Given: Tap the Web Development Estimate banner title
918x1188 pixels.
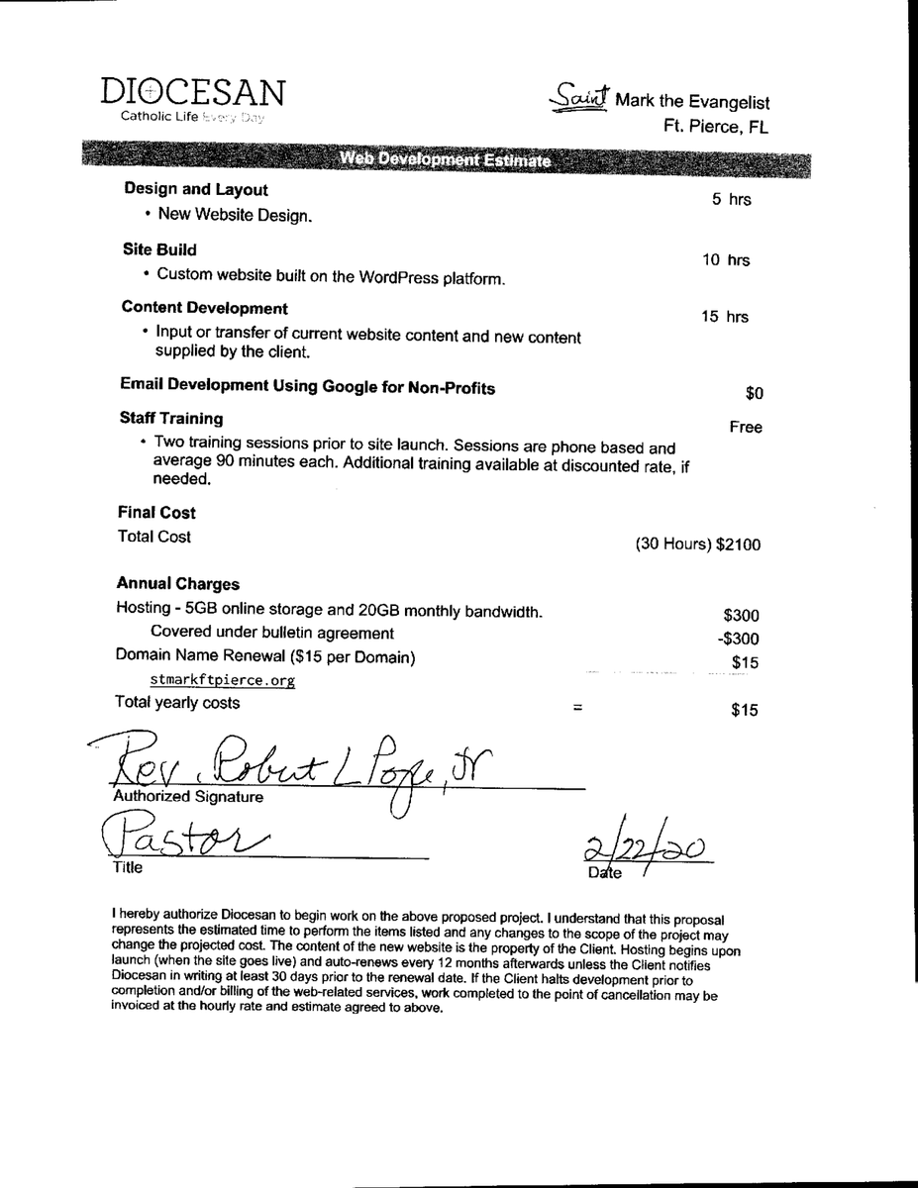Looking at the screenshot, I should coord(447,160).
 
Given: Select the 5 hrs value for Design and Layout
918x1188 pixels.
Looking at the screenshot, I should coord(731,200).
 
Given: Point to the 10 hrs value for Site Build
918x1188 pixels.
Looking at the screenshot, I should coord(726,260).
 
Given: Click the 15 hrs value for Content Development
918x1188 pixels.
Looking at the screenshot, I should coord(725,317).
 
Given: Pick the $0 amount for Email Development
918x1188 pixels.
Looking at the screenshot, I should coord(754,394).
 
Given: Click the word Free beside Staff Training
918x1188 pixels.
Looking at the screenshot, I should coord(745,428).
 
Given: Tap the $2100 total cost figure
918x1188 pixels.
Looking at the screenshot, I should coord(739,544).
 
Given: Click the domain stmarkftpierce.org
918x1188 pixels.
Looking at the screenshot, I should coord(223,681).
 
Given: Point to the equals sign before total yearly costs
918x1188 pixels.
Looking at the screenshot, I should coord(577,709).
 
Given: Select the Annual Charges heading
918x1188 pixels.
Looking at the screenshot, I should coord(177,584).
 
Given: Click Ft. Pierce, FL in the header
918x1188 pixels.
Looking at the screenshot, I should coord(716,127).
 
